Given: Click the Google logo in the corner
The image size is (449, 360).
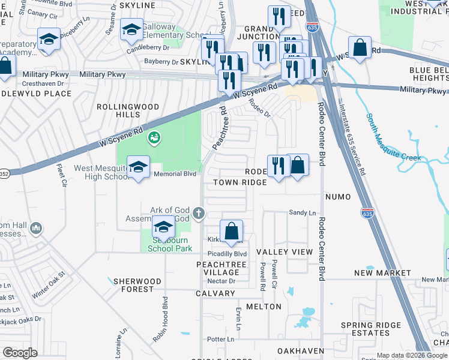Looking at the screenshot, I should (20, 353).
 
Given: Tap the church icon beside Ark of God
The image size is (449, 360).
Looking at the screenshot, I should (199, 213).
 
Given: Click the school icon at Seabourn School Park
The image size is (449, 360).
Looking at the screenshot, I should (162, 228).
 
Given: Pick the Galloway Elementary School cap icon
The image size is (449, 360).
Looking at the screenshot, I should (131, 29).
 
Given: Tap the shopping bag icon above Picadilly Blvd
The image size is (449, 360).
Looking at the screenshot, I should (231, 231).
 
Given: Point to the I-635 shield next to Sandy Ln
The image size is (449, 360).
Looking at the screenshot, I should (367, 212).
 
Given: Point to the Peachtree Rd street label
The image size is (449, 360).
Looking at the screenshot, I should (218, 128).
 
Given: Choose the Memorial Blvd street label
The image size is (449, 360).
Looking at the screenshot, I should (175, 174).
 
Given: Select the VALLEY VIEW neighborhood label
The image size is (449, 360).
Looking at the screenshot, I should (285, 252).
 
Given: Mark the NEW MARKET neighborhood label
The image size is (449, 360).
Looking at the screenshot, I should (382, 273).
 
